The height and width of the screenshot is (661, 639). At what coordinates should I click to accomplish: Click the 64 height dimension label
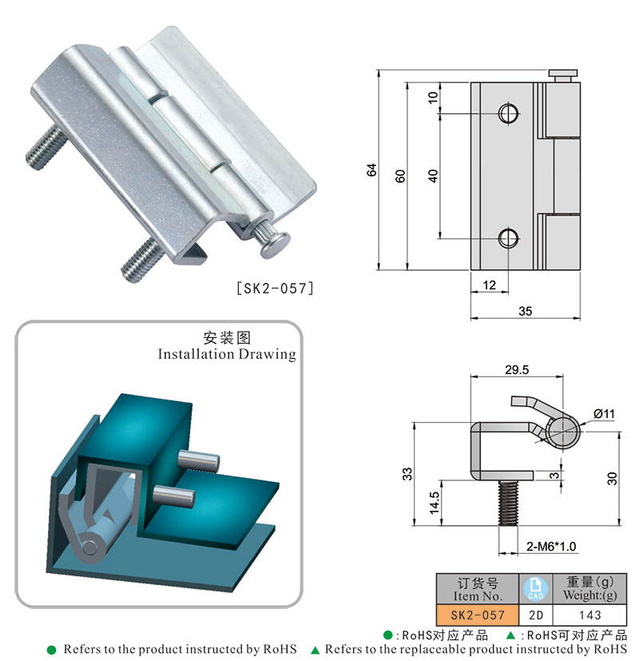371,169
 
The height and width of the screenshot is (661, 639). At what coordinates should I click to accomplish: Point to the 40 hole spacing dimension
433,176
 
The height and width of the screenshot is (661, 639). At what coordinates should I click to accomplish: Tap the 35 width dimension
525,312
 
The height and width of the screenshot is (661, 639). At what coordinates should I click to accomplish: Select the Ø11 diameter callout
604,413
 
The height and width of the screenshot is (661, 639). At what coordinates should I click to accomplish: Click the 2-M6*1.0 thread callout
551,547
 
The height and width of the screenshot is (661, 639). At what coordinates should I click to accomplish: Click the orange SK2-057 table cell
478,615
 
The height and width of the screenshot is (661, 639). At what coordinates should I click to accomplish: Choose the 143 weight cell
590,615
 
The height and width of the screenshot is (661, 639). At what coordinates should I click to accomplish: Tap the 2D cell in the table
536,615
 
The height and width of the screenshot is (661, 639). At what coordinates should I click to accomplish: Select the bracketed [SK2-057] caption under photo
270,288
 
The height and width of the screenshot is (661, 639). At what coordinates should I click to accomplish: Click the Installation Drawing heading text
227,353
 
